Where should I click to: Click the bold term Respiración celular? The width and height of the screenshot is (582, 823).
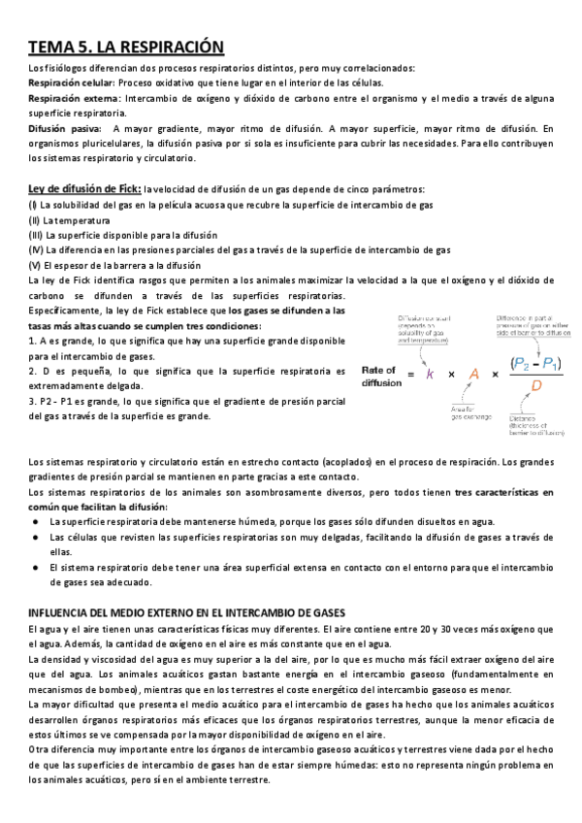point(72,83)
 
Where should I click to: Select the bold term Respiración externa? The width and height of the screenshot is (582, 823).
point(73,99)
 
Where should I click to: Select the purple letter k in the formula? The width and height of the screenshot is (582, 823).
point(430,375)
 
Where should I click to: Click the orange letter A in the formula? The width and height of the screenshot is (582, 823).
point(474,375)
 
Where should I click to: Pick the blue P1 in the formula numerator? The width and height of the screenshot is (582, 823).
point(552,361)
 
